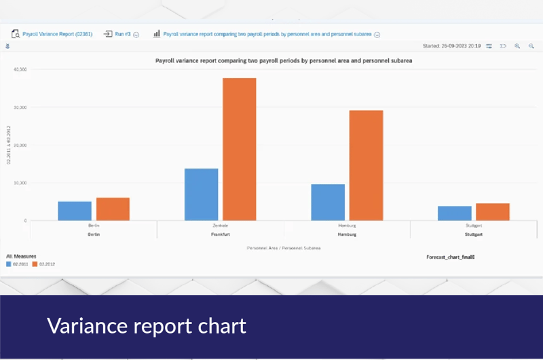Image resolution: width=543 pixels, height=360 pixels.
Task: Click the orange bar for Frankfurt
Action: tap(240, 149)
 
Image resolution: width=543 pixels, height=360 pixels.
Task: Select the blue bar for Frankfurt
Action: tap(202, 194)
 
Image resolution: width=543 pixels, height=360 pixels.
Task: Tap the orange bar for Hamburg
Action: tap(366, 165)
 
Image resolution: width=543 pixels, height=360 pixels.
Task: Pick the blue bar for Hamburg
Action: tap(328, 202)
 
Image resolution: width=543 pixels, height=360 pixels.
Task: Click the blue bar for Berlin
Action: tap(75, 211)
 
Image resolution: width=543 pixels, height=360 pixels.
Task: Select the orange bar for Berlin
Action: tap(113, 209)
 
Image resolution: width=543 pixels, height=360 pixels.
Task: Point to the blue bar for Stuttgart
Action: tap(455, 213)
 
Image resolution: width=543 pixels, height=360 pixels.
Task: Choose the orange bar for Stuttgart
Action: tap(493, 212)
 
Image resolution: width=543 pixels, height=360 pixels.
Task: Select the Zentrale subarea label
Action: tap(220, 225)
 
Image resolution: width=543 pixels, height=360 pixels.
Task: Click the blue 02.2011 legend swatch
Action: tap(10, 264)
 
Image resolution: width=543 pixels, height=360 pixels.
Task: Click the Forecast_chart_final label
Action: tap(450, 257)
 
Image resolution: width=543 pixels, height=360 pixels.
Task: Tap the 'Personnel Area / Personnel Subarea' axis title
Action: tap(284, 249)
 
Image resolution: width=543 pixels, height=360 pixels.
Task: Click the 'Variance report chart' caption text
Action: tap(146, 327)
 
